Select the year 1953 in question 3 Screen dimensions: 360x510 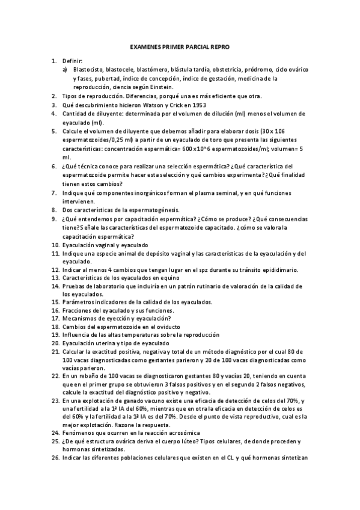click(x=180, y=105)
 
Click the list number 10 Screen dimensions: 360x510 click(x=54, y=245)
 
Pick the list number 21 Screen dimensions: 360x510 click(x=54, y=352)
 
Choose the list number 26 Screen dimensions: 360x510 click(x=54, y=458)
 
